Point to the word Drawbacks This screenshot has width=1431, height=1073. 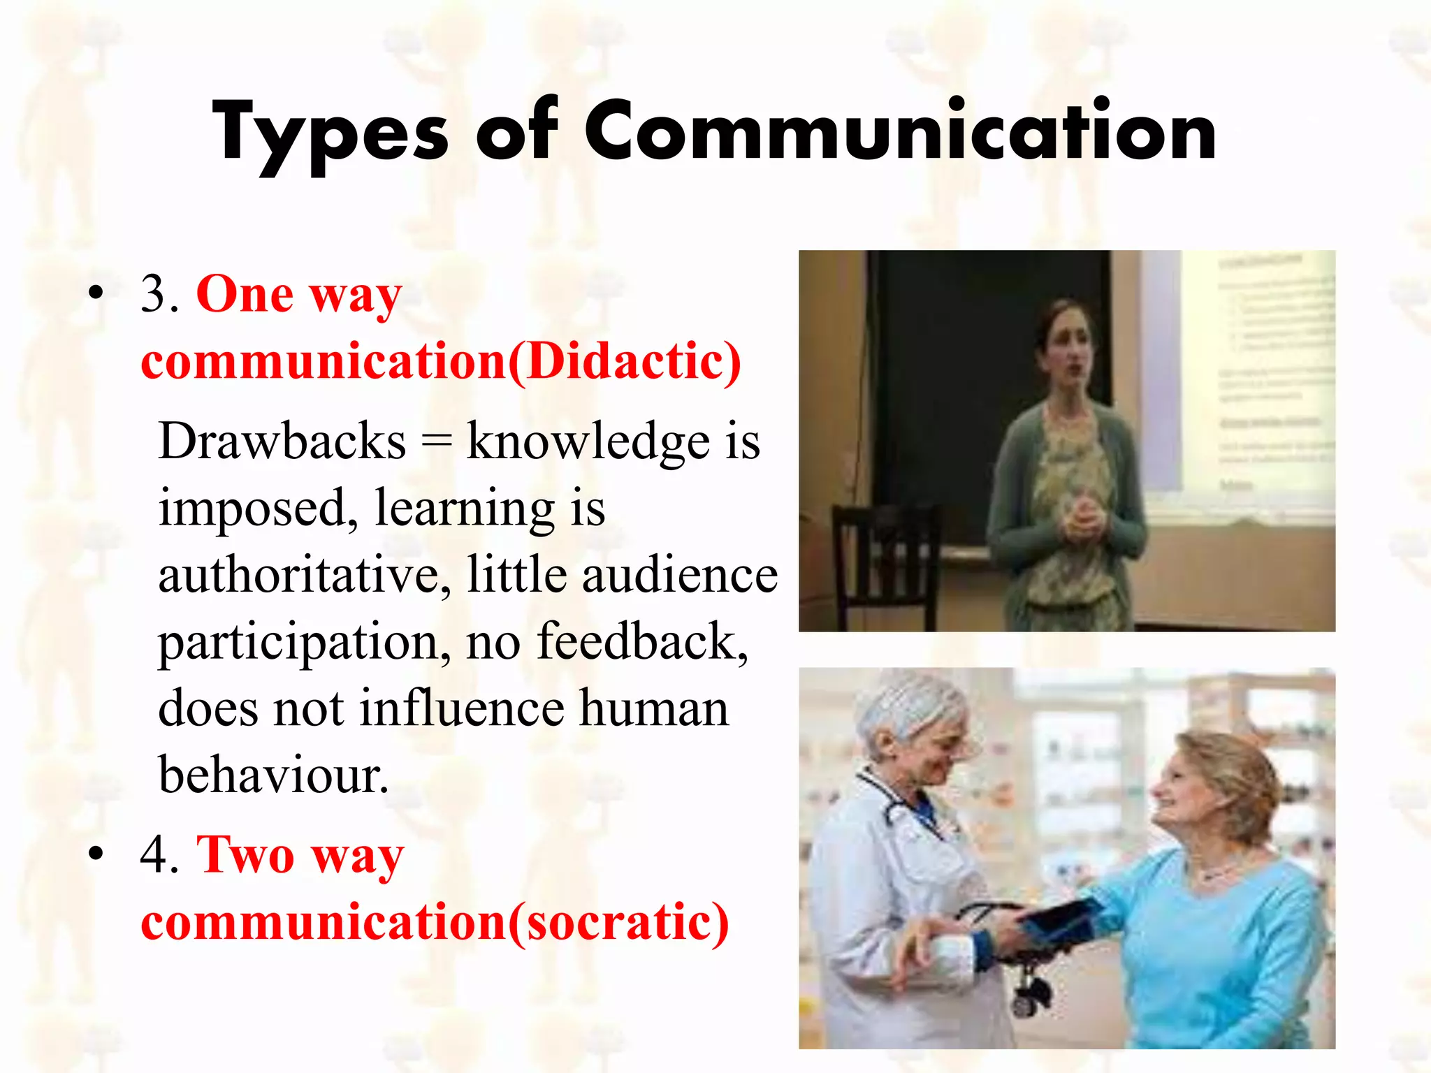click(282, 441)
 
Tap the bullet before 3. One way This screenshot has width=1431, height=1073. click(96, 293)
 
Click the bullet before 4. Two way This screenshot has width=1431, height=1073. click(96, 854)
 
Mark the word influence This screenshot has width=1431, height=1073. click(462, 708)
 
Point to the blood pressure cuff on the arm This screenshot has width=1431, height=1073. click(1062, 922)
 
